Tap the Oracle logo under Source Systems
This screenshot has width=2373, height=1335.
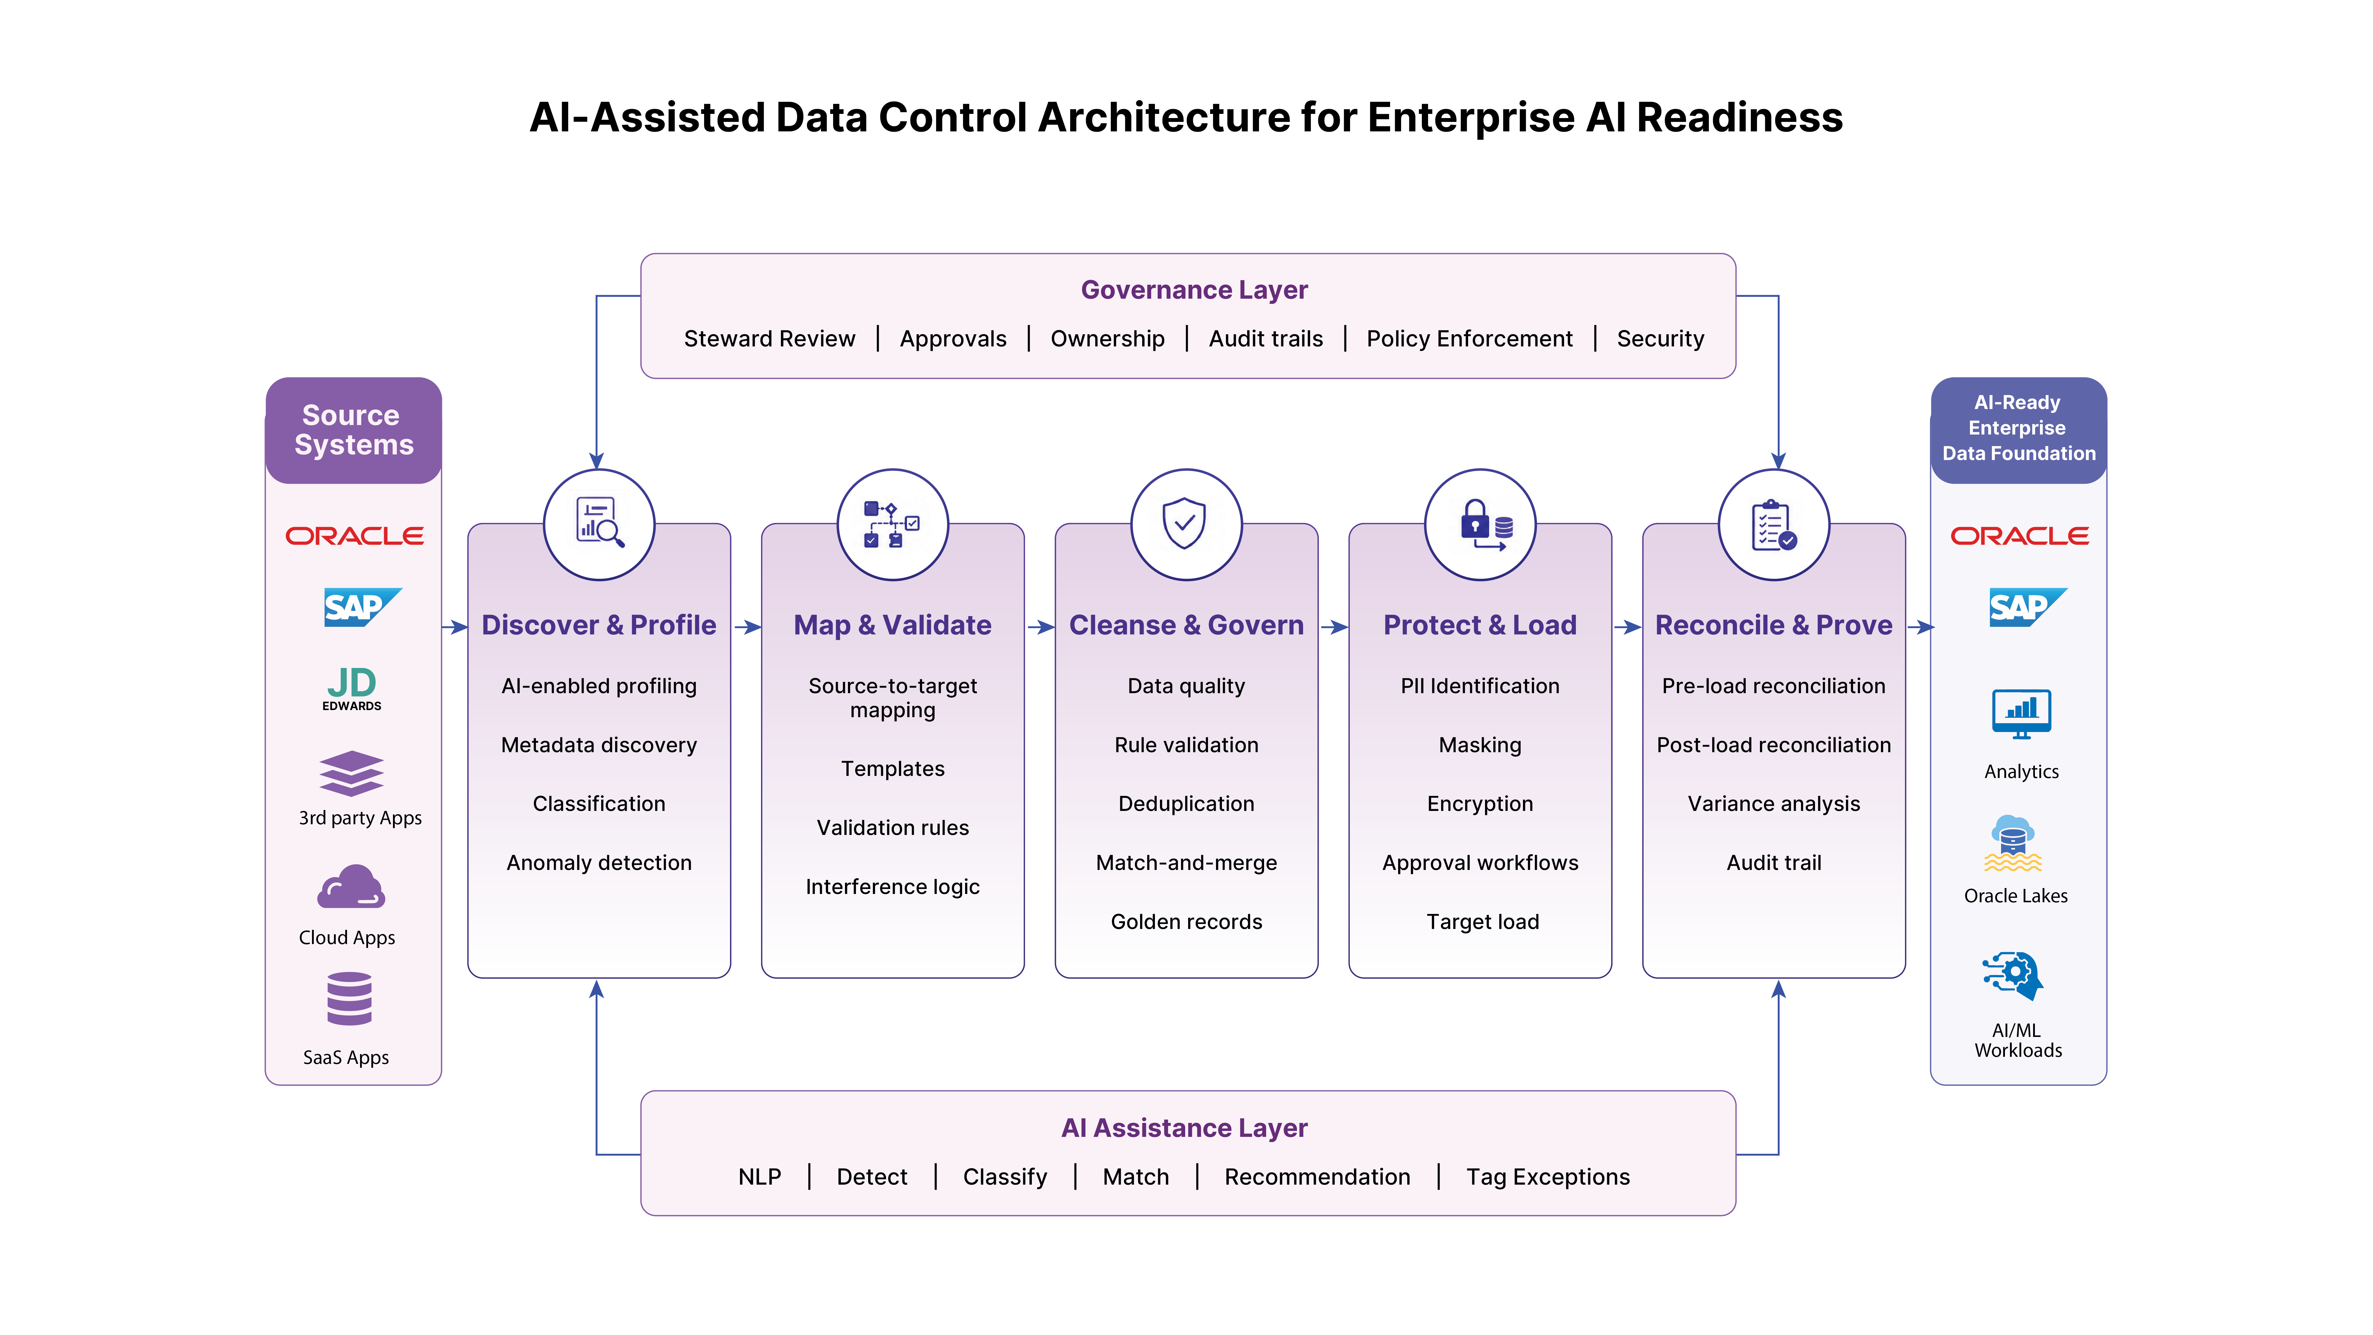(x=355, y=536)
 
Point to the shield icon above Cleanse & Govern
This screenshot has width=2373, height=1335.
(x=1185, y=523)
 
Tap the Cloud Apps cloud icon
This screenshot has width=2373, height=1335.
(x=351, y=887)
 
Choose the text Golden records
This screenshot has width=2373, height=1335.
(x=1186, y=922)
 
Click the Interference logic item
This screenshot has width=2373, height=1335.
(x=893, y=887)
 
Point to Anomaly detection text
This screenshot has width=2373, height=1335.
(x=599, y=863)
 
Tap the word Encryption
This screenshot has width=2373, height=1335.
(x=1480, y=804)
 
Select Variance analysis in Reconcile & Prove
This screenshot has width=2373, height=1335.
(x=1774, y=804)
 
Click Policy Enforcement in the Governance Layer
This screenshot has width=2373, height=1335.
(x=1469, y=339)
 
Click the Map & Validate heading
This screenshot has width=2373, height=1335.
(x=893, y=626)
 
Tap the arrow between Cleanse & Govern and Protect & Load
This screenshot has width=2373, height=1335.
(x=1334, y=627)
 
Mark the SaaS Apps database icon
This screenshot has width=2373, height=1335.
(x=349, y=999)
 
